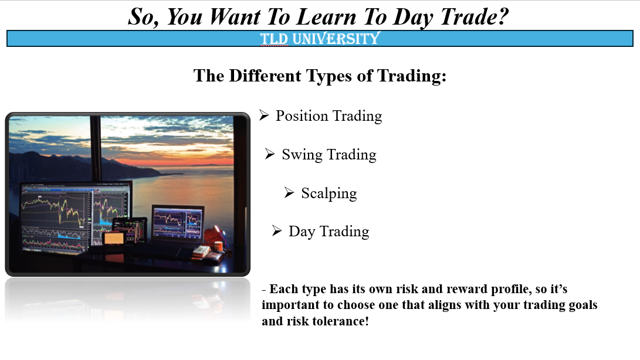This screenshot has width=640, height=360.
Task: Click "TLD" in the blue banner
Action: tap(274, 39)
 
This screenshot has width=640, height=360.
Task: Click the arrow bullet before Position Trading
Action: tap(264, 116)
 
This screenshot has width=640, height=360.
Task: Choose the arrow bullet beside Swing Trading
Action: tap(270, 154)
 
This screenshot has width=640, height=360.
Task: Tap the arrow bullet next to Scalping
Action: tap(289, 193)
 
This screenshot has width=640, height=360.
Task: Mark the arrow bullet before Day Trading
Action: tap(277, 231)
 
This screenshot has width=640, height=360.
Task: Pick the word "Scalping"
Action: tap(329, 193)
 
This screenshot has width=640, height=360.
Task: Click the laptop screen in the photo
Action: tap(177, 223)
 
